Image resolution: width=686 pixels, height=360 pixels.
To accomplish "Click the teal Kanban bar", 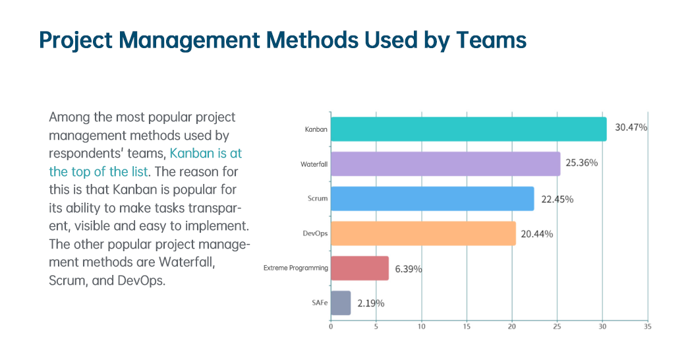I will coord(468,129).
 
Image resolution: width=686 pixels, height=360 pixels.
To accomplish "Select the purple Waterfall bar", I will coord(445,164).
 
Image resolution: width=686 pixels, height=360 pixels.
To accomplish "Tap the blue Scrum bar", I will coord(432,198).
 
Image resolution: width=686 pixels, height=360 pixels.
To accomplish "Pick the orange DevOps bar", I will coord(422,233).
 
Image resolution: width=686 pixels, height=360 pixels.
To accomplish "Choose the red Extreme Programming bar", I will coord(359,268).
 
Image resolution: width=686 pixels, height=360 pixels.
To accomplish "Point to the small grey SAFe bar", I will coord(340,303).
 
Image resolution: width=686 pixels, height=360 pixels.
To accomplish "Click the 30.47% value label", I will coord(631,127).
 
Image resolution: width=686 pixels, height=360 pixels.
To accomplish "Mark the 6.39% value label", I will coord(409,268).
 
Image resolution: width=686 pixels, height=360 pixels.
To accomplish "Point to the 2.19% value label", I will coord(370,303).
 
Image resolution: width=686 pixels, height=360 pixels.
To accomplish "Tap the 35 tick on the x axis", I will coord(647,326).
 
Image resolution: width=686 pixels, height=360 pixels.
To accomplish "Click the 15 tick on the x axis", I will coord(466,326).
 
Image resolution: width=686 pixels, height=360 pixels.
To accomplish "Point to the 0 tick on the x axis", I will coord(330,326).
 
